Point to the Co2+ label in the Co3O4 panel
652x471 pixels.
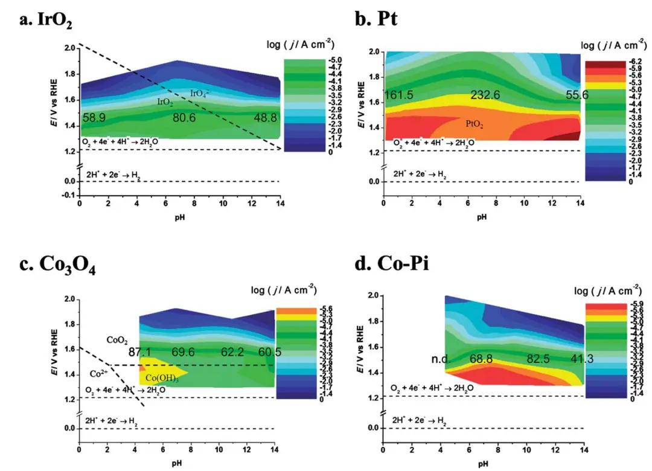[x=100, y=374]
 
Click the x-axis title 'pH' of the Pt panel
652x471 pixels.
[x=481, y=217]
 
